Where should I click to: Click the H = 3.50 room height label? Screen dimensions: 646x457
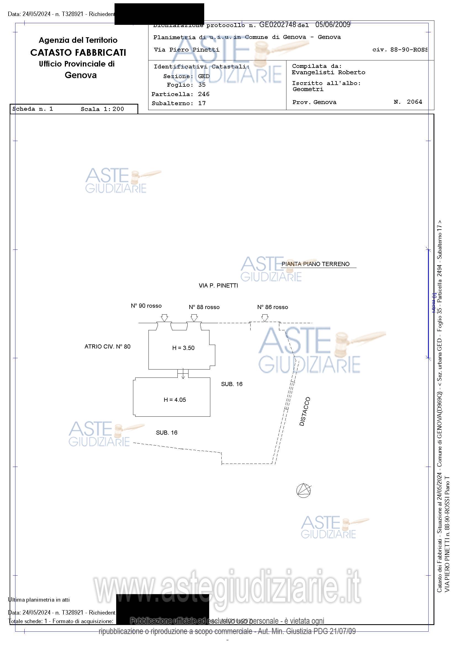click(183, 348)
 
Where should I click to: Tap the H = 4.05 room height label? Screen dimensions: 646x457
click(175, 400)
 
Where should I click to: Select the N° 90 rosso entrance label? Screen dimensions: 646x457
click(146, 306)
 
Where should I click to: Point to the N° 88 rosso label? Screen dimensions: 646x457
click(204, 307)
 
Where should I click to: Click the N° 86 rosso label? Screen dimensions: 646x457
click(272, 307)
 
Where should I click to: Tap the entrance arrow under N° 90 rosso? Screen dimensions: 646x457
click(164, 318)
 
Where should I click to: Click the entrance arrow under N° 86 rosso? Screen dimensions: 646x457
click(265, 318)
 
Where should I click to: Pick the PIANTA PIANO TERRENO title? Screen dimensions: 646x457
click(315, 264)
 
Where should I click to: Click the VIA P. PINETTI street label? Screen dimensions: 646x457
click(218, 286)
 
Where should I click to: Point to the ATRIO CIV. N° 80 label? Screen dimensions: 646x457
click(108, 347)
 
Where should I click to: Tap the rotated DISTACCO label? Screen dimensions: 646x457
click(304, 411)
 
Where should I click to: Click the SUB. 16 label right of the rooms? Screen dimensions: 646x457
click(232, 384)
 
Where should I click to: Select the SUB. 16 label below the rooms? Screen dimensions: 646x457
click(167, 433)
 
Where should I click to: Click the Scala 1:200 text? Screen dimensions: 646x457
click(102, 109)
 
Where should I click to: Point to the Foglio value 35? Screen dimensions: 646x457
click(202, 85)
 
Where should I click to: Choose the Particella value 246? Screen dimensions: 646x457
click(203, 94)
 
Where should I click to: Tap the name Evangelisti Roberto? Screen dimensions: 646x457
click(328, 72)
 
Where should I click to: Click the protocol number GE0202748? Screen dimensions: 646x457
click(277, 25)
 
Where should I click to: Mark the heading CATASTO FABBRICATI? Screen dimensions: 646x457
click(78, 53)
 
